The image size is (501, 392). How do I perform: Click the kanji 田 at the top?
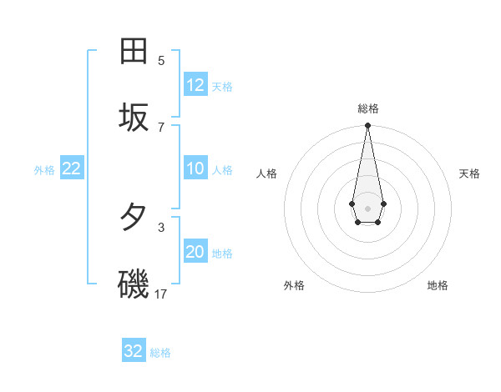pyautogui.click(x=134, y=51)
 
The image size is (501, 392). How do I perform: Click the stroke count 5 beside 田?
pyautogui.click(x=161, y=60)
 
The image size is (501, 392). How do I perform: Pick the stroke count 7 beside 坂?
pyautogui.click(x=161, y=127)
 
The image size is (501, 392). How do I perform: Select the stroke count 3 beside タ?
pyautogui.click(x=161, y=226)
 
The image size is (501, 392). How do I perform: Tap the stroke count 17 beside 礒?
pyautogui.click(x=161, y=294)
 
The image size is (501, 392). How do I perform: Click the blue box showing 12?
pyautogui.click(x=195, y=84)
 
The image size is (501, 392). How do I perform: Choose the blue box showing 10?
pyautogui.click(x=195, y=168)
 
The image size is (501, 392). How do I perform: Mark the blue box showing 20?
pyautogui.click(x=195, y=252)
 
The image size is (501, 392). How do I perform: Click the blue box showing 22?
pyautogui.click(x=72, y=168)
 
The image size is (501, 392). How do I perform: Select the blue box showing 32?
pyautogui.click(x=134, y=351)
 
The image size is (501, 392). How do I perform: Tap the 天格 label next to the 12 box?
pyautogui.click(x=222, y=86)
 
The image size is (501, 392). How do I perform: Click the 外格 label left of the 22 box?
pyautogui.click(x=44, y=170)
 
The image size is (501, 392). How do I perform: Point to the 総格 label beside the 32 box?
pyautogui.click(x=160, y=353)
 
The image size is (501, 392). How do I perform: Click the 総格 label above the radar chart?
pyautogui.click(x=367, y=108)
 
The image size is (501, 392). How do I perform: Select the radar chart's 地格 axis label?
pyautogui.click(x=438, y=285)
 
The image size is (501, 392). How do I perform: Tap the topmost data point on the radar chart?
pyautogui.click(x=367, y=126)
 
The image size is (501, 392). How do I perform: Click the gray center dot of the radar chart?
pyautogui.click(x=367, y=208)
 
